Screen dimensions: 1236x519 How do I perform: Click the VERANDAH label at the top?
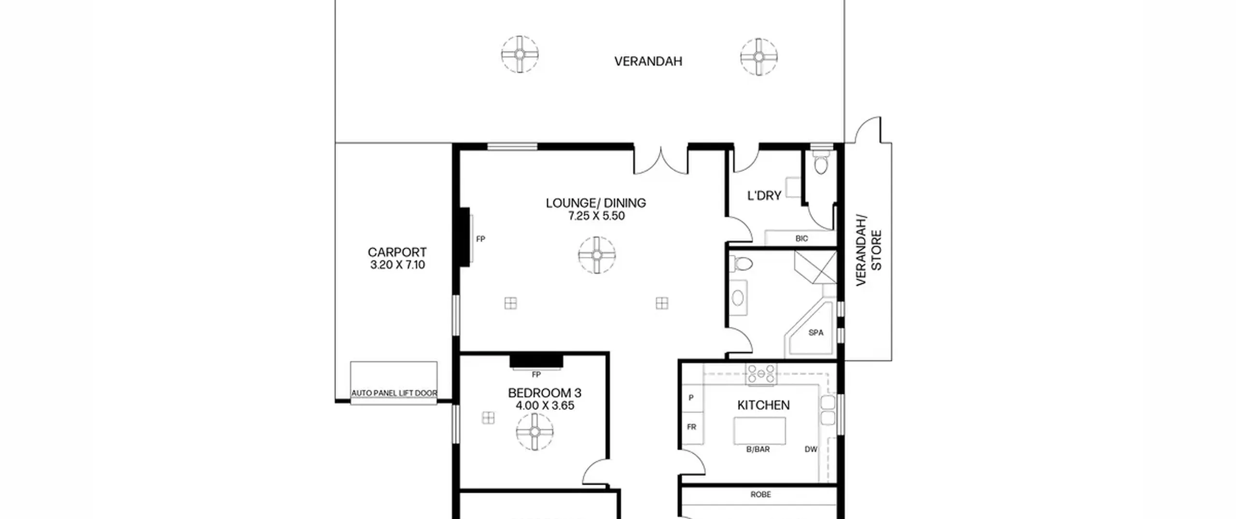[x=648, y=61]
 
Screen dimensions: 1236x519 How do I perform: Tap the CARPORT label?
[x=397, y=252]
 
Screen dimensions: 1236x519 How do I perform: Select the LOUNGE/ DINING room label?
[x=596, y=203]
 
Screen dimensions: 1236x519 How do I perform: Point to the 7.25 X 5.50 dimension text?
[x=596, y=216]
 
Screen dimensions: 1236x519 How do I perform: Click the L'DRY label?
[x=764, y=196]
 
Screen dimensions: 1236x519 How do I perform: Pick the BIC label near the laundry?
[x=801, y=238]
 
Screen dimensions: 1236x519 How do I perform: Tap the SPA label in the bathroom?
[x=815, y=333]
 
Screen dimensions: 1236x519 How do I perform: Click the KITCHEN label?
[x=763, y=405]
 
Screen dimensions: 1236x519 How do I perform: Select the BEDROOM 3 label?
[x=545, y=393]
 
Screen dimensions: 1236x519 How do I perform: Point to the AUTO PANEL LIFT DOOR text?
[x=394, y=393]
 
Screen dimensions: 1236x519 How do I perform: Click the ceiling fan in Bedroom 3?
[x=534, y=432]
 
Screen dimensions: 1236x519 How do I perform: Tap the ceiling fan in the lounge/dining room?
[x=597, y=255]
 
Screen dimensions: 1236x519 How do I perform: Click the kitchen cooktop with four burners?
[x=761, y=374]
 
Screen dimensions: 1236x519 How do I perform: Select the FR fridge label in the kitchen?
[x=691, y=427]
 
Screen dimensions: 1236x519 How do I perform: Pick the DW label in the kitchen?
[x=811, y=449]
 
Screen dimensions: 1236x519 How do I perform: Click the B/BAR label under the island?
[x=758, y=449]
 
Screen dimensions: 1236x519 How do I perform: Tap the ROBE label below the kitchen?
[x=760, y=494]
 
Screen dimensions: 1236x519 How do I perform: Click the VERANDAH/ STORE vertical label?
[x=869, y=250]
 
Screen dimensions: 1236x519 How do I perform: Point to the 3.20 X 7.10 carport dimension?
[x=397, y=265]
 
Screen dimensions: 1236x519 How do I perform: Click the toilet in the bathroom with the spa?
[x=741, y=264]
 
